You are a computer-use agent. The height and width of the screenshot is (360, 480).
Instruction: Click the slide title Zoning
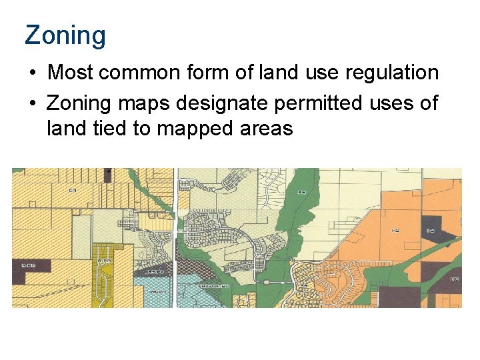point(65,35)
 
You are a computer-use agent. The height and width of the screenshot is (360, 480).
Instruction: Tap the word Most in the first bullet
point(67,72)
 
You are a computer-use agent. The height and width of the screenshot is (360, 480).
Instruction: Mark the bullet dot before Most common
point(31,72)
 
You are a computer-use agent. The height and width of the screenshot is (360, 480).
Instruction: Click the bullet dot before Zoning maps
point(31,104)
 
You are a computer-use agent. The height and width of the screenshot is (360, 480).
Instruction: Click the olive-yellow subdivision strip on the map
point(104,280)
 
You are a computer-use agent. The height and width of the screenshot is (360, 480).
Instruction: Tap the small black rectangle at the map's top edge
point(108,171)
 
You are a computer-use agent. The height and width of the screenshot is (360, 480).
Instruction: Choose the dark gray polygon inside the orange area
point(432,227)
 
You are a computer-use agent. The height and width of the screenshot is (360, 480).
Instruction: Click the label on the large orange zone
point(396,231)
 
